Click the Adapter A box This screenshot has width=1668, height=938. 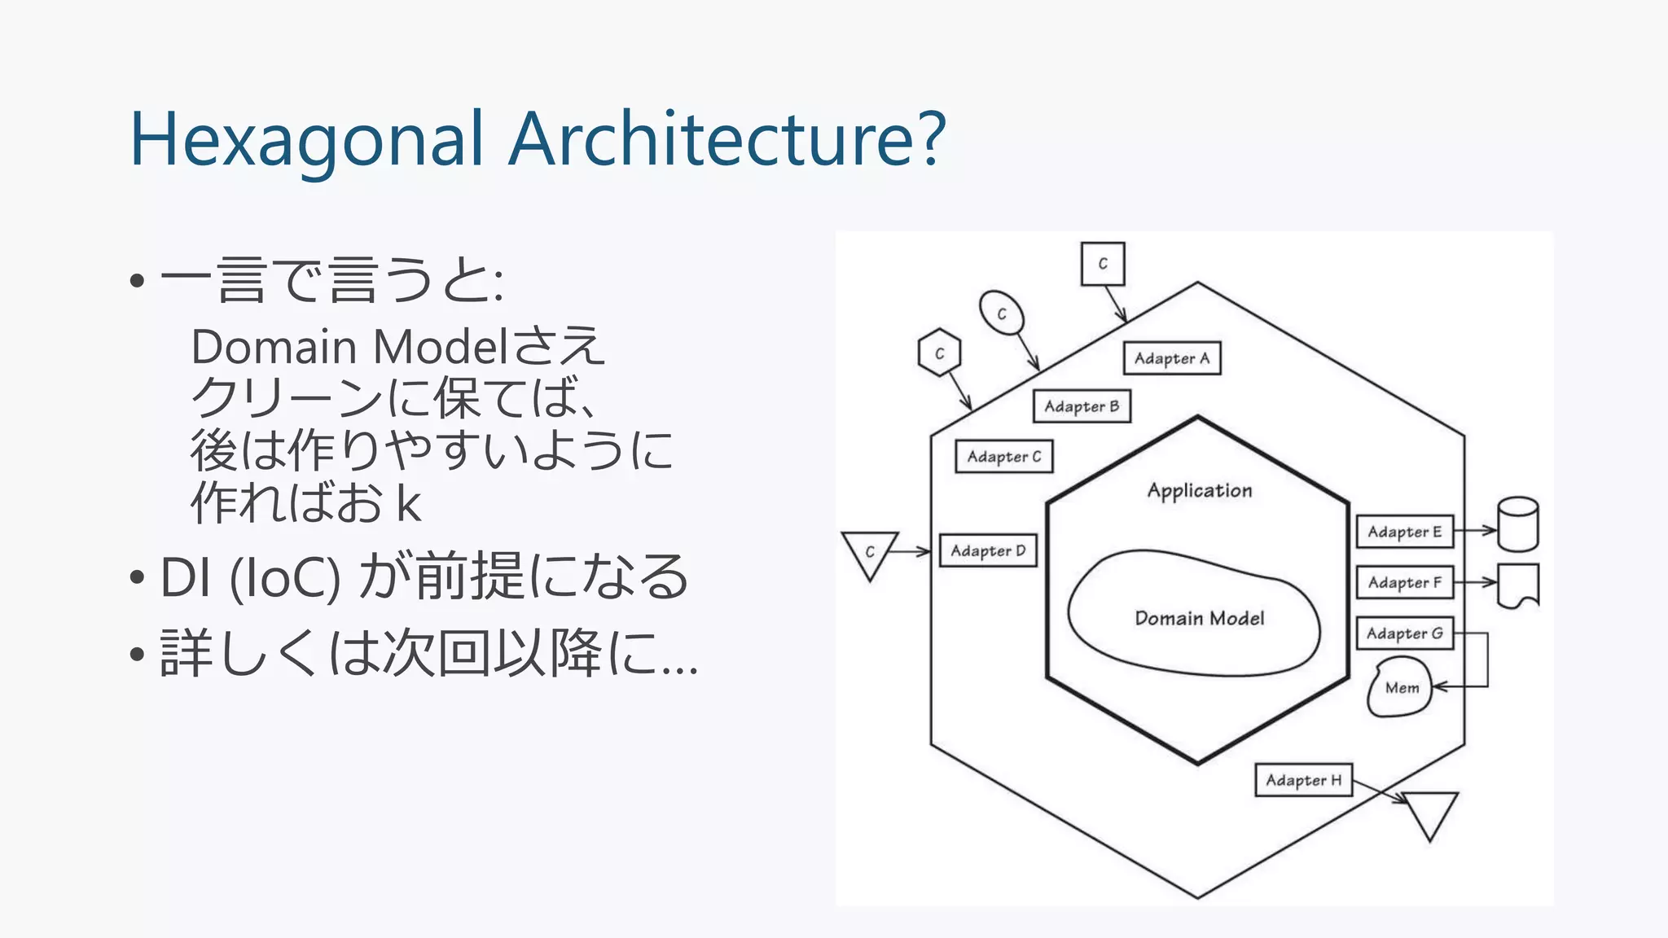[x=1172, y=358]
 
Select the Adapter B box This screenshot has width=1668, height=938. [x=1082, y=406]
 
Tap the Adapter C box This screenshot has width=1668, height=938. [x=1003, y=457]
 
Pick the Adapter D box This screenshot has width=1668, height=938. [x=988, y=551]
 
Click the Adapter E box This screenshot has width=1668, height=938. [x=1404, y=532]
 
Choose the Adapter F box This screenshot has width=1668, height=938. [x=1404, y=582]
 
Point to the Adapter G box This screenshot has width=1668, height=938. [x=1404, y=633]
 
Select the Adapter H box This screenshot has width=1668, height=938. [x=1303, y=780]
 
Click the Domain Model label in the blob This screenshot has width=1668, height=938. [x=1199, y=618]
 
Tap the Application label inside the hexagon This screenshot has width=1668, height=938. [x=1199, y=490]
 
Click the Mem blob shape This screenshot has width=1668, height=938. [x=1400, y=689]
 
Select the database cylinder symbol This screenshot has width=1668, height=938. [x=1517, y=525]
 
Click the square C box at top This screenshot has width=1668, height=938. [x=1103, y=264]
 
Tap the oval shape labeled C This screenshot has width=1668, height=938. [x=1002, y=313]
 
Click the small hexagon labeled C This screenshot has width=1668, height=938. [x=939, y=353]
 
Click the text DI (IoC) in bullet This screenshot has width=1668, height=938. [x=249, y=576]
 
